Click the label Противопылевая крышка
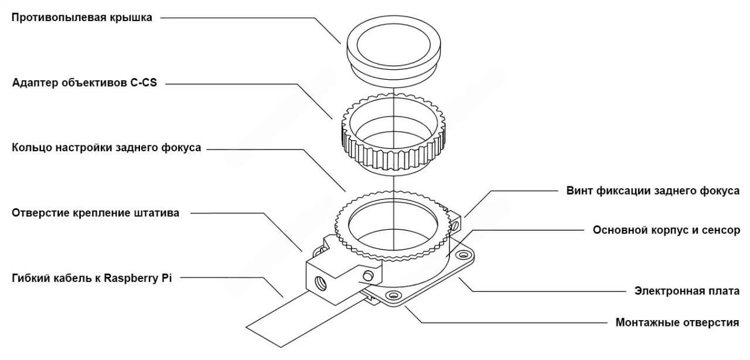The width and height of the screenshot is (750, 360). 81,18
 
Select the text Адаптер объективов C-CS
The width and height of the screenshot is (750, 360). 84,83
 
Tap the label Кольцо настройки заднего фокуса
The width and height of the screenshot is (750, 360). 107,148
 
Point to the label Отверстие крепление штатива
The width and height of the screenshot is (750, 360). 96,213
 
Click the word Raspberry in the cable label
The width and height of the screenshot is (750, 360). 131,279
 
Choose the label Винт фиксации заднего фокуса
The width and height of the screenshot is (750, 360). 653,191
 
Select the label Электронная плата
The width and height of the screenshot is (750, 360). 687,291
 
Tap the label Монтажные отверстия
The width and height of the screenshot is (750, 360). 677,322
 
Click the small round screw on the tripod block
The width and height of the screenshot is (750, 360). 368,276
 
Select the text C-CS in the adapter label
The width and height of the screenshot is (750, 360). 144,83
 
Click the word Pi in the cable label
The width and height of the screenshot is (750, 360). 167,277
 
